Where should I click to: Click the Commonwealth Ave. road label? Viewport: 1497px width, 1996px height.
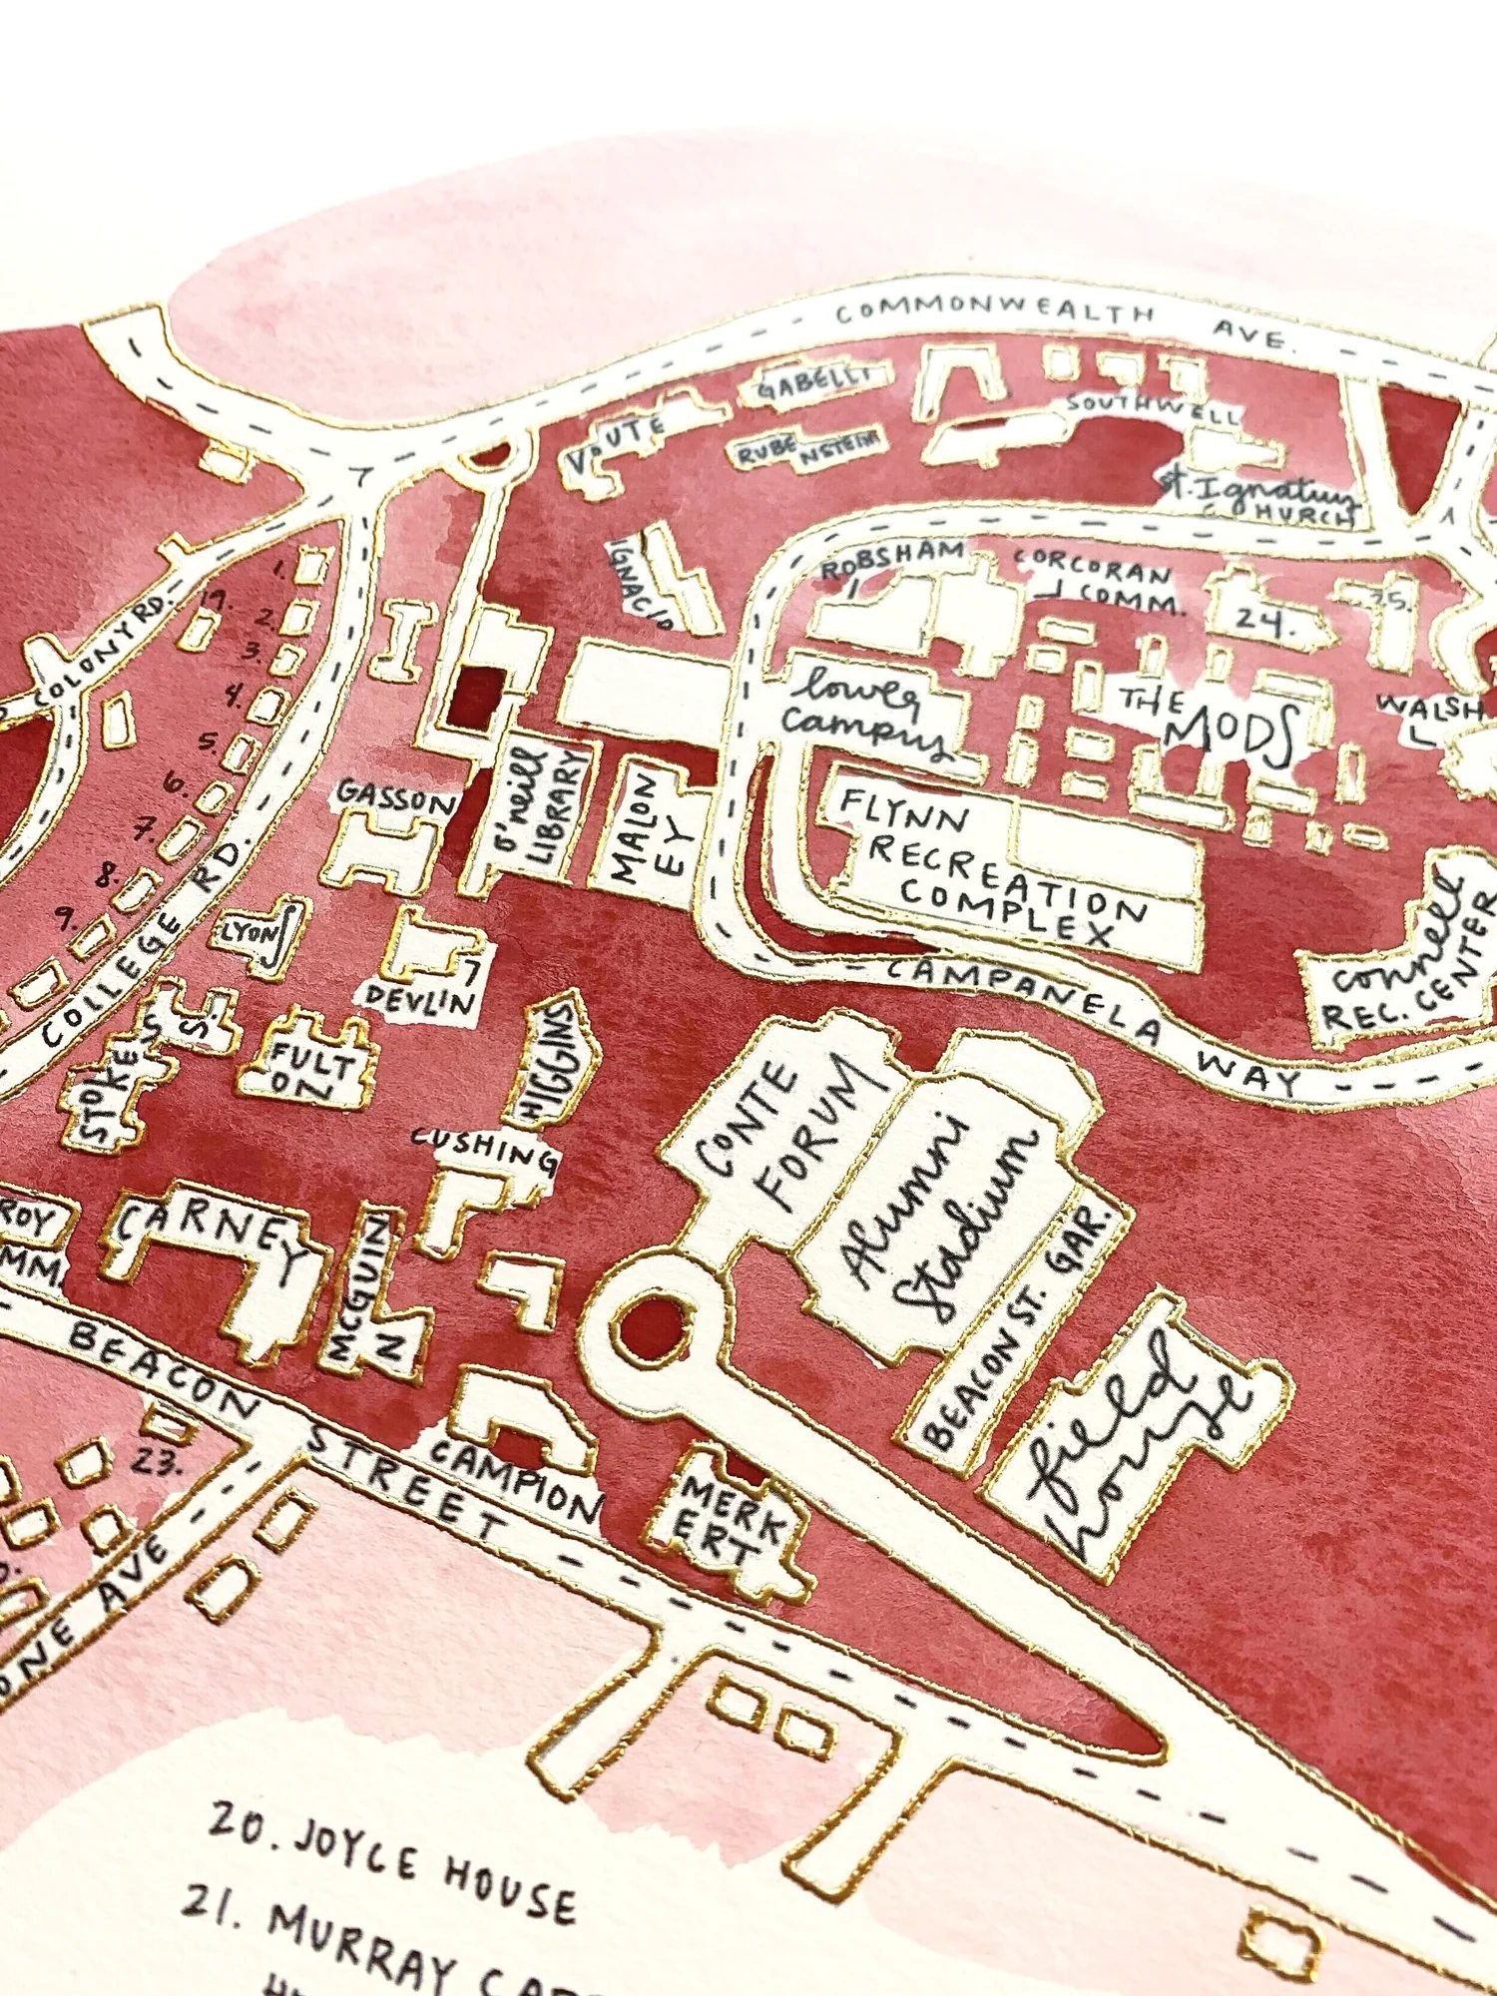1058,319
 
